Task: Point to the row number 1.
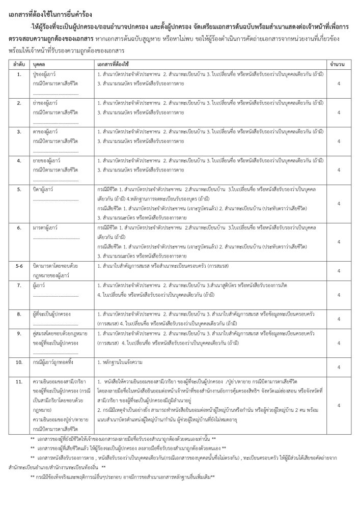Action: (18, 74)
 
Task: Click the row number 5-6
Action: (18, 265)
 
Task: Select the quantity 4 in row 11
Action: (338, 405)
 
